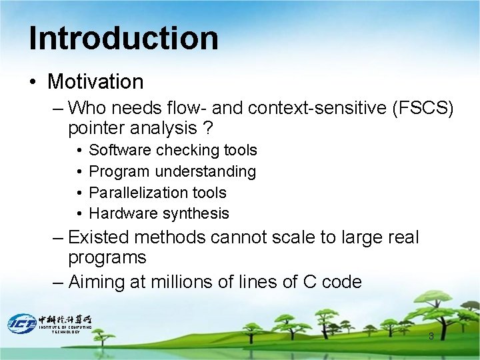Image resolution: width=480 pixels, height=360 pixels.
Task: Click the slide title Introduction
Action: pyautogui.click(x=123, y=38)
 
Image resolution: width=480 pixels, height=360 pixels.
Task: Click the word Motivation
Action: pyautogui.click(x=95, y=82)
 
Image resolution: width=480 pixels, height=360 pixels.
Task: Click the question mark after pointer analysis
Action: pyautogui.click(x=209, y=127)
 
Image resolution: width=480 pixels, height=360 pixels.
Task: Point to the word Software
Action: pyautogui.click(x=120, y=151)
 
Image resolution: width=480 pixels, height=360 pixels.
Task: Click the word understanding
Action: pyautogui.click(x=205, y=171)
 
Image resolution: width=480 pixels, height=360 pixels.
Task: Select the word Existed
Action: pyautogui.click(x=101, y=237)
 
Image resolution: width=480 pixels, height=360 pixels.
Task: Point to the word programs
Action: pyautogui.click(x=107, y=258)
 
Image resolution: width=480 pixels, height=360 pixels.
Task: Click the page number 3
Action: pyautogui.click(x=431, y=336)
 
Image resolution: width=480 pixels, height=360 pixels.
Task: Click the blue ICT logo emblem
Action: pyautogui.click(x=21, y=323)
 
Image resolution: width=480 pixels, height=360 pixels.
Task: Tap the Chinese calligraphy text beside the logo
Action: pyautogui.click(x=65, y=319)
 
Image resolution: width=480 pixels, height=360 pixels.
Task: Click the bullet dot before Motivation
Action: pyautogui.click(x=33, y=83)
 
